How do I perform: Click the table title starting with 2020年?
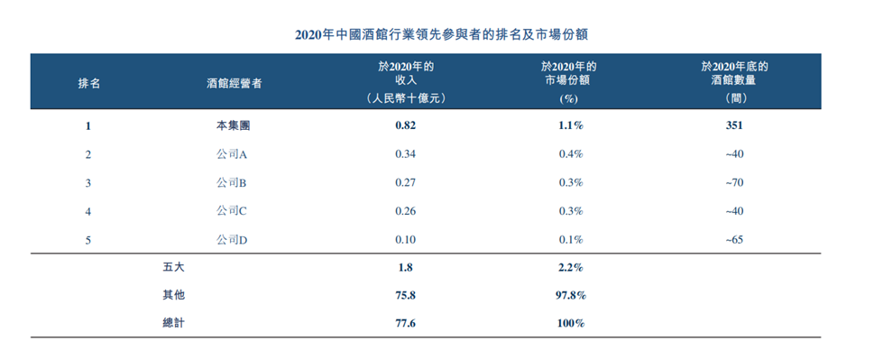tap(442, 34)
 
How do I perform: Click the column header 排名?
tap(89, 82)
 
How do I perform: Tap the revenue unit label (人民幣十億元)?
tap(406, 97)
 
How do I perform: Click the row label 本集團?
tap(233, 126)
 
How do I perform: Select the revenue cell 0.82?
tap(406, 126)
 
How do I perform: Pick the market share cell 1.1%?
tap(570, 126)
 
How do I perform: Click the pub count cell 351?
tap(733, 126)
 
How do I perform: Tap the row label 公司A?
tap(233, 154)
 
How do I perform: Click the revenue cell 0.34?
tap(406, 154)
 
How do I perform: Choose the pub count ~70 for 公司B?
tap(733, 182)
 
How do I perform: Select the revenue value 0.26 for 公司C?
tap(406, 211)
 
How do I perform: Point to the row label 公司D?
tap(233, 239)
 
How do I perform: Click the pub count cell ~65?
tap(733, 239)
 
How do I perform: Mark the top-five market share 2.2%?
tap(570, 267)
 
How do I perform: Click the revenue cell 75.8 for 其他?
tap(406, 295)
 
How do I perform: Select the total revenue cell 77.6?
tap(406, 322)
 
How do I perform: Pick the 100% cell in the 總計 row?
tap(570, 322)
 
